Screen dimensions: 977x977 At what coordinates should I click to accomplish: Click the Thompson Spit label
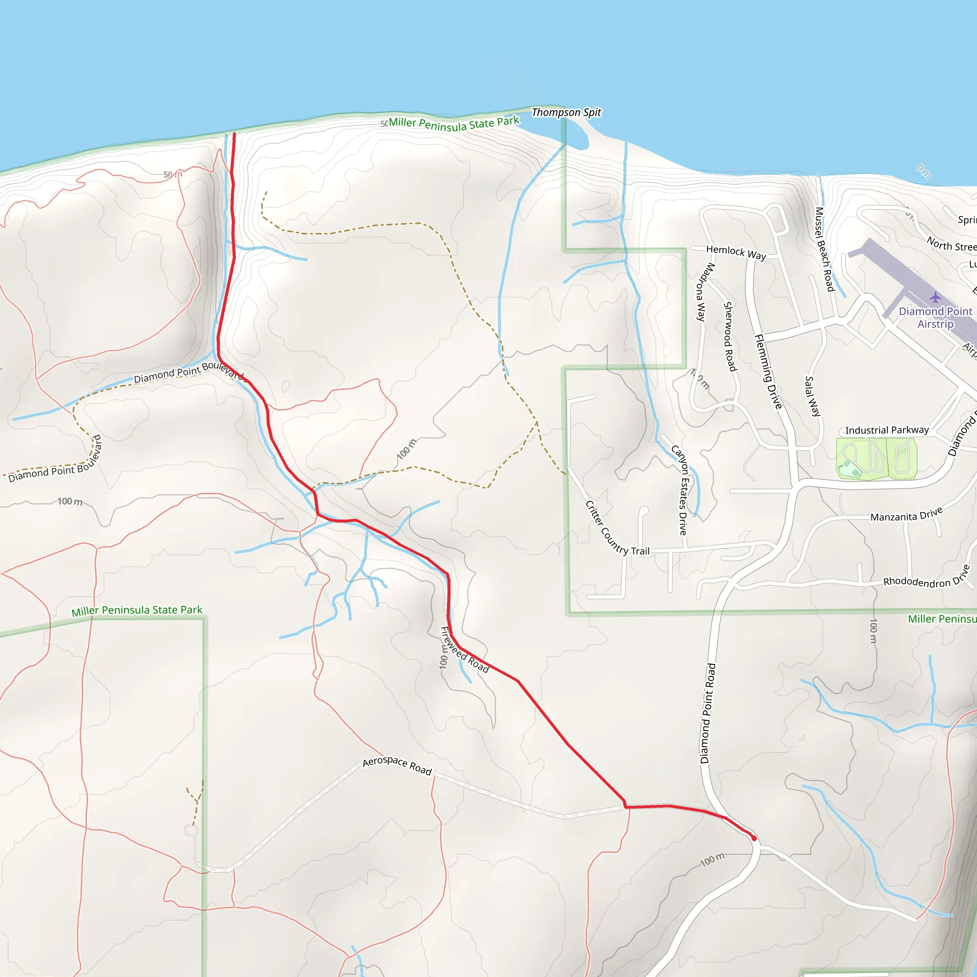[566, 112]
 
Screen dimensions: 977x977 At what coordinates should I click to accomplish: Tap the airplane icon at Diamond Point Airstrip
[935, 297]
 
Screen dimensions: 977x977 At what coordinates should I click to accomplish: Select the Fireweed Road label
[464, 650]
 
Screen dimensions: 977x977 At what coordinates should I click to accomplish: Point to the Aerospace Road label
[397, 766]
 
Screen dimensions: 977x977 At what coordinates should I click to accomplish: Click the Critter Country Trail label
[616, 529]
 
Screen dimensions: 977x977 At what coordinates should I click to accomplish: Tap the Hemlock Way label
[736, 252]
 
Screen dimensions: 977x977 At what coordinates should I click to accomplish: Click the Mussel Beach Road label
[824, 249]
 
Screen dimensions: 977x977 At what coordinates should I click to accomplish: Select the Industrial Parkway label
[886, 430]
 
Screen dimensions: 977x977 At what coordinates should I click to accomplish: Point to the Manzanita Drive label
[906, 515]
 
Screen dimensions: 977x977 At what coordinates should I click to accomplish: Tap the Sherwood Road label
[730, 336]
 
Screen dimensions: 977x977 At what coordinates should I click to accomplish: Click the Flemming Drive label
[768, 371]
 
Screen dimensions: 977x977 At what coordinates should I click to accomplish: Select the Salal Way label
[811, 396]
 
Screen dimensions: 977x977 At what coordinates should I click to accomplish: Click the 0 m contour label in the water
[923, 171]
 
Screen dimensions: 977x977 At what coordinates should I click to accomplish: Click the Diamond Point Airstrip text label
[935, 318]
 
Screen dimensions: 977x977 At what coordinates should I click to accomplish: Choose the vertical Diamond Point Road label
[707, 714]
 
